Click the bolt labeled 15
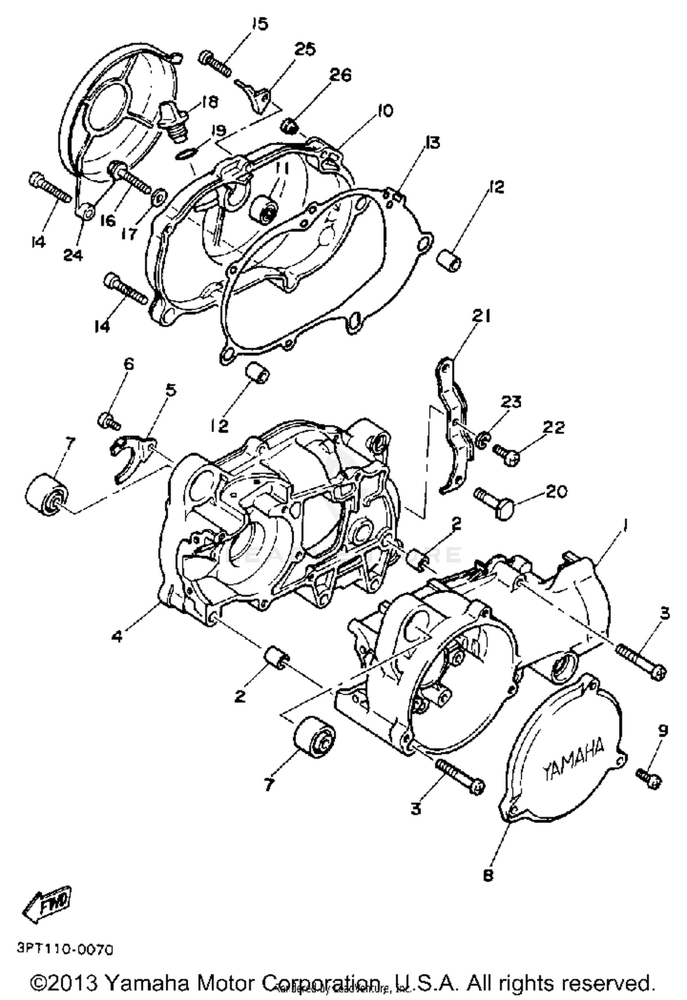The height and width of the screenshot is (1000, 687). [215, 64]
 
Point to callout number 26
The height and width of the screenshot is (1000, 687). [340, 75]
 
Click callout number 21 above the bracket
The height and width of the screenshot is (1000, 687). [481, 315]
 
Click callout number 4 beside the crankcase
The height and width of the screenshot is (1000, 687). [118, 636]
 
